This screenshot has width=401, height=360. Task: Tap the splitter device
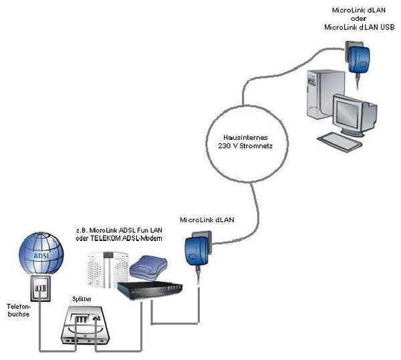point(84,325)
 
